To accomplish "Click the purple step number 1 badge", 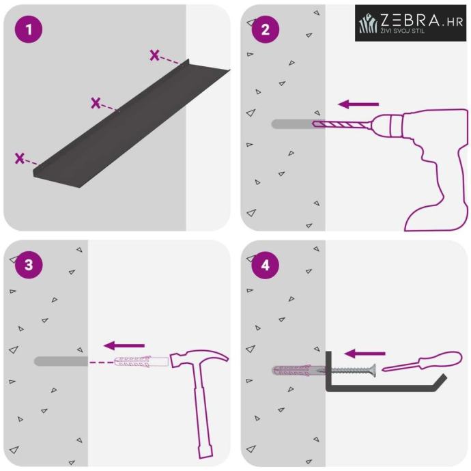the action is (29, 29).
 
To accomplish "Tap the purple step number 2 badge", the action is (266, 29).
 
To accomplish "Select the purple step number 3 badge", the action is (29, 265).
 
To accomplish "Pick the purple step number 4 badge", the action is (266, 265).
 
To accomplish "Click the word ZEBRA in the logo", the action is (410, 20).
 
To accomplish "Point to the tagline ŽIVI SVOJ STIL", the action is (403, 30).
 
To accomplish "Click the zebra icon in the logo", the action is (368, 23).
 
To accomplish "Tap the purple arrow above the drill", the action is (358, 104).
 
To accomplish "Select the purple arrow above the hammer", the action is (124, 345).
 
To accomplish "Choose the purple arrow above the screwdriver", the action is (365, 354).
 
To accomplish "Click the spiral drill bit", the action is (343, 124).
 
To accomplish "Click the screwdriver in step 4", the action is (423, 361).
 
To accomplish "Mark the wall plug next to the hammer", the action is (141, 361).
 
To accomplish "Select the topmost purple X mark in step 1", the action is (155, 55).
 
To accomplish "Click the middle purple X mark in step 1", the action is (96, 103).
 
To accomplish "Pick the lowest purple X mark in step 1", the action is (20, 158).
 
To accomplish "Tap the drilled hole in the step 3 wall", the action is (61, 361).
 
